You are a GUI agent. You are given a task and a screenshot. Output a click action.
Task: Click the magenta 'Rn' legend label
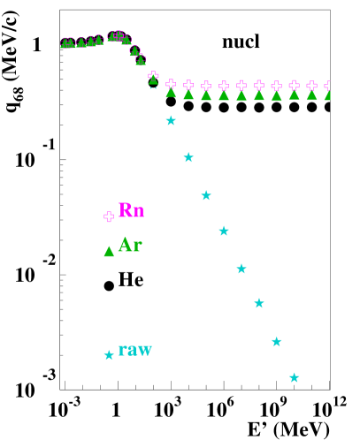tap(131, 210)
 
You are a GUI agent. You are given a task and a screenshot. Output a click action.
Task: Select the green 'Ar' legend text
tap(130, 246)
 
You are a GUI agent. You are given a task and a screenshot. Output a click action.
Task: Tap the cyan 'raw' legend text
tap(135, 350)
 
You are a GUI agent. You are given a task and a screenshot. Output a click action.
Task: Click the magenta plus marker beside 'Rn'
tap(109, 216)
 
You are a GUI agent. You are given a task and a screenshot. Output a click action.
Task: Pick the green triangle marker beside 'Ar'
tap(109, 252)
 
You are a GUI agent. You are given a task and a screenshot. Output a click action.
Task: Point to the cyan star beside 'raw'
tap(109, 354)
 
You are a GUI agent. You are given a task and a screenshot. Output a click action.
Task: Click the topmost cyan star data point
tap(171, 120)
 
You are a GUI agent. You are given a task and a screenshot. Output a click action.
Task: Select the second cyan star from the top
tap(188, 157)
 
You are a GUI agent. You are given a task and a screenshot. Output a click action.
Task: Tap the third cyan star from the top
tap(206, 195)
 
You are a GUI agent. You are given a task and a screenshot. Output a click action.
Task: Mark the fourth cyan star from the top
tap(224, 231)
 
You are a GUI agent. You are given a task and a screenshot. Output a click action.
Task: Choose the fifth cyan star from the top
tap(241, 269)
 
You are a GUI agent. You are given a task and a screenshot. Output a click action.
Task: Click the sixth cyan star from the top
tap(259, 303)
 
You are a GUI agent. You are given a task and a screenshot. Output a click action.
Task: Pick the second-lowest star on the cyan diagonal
tap(277, 341)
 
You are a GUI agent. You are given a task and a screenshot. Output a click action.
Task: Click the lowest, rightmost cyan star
tap(295, 377)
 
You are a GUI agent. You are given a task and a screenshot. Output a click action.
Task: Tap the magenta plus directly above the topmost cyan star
tap(171, 85)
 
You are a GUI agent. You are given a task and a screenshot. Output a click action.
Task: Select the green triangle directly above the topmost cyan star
tap(171, 93)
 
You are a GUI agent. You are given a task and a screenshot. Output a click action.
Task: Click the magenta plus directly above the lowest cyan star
tap(295, 86)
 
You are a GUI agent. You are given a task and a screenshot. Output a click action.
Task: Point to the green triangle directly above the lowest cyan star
tap(295, 95)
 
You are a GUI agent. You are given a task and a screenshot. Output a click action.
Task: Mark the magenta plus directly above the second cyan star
tap(188, 86)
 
